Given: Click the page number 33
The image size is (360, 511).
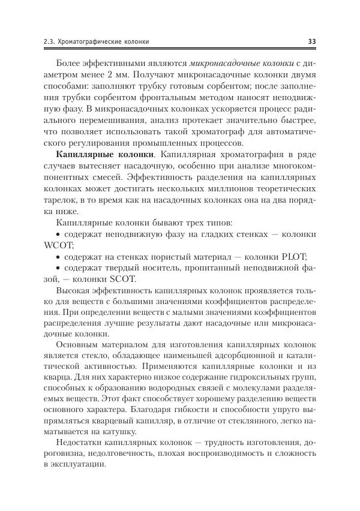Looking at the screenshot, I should [311, 41].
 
